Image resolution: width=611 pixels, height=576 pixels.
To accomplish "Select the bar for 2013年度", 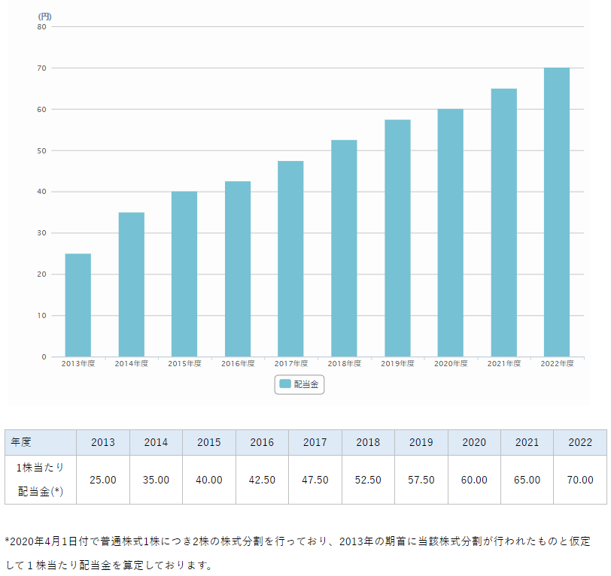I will (x=78, y=305).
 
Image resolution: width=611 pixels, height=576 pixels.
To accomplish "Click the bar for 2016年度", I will (x=238, y=269).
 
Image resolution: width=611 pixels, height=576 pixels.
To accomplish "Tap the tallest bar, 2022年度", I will (x=557, y=212).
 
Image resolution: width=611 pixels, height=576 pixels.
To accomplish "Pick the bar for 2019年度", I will (x=397, y=238).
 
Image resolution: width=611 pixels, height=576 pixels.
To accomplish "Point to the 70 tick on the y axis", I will (x=42, y=68).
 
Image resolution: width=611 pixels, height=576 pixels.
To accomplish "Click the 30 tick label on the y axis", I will (x=42, y=233).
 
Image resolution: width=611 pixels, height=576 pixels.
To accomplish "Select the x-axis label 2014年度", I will (x=132, y=364).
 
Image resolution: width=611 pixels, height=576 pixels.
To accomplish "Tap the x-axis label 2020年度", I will (x=451, y=364).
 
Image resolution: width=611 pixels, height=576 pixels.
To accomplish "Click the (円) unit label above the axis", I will (x=44, y=16).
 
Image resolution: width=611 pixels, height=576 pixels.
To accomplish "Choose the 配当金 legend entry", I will (x=299, y=384).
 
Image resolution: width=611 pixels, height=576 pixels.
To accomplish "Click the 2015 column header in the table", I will (x=209, y=442).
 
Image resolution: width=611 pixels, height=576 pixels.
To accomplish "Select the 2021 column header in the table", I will (x=527, y=442).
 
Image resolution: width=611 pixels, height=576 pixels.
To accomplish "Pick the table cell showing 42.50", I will (x=262, y=480).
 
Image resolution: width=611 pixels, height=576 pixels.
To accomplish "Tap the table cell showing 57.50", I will (x=421, y=480).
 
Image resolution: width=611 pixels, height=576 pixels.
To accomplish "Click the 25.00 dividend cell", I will (x=103, y=480).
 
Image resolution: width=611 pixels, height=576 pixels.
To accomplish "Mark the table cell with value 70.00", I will (x=579, y=480).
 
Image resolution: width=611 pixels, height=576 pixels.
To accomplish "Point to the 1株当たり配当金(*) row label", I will (x=41, y=480).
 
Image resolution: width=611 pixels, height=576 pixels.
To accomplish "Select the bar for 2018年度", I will (x=344, y=248).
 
